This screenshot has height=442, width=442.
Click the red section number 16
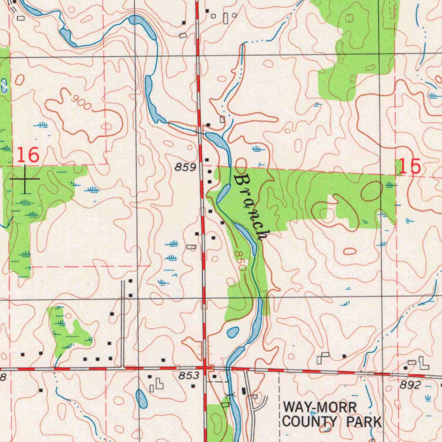(x=28, y=155)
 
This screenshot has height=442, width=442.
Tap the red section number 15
(x=409, y=166)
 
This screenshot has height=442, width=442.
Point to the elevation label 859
(x=186, y=167)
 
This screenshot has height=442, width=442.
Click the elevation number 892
(x=410, y=385)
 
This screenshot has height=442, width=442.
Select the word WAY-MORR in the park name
(x=320, y=407)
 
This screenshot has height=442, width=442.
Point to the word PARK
(x=365, y=422)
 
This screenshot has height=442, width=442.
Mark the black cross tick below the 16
(x=25, y=179)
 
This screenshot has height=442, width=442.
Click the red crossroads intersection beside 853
(x=205, y=368)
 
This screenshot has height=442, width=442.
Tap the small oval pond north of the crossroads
(x=233, y=332)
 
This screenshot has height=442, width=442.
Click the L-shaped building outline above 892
(x=423, y=363)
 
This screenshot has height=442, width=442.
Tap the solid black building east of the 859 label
(x=207, y=160)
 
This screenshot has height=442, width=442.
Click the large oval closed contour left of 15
(x=371, y=191)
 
